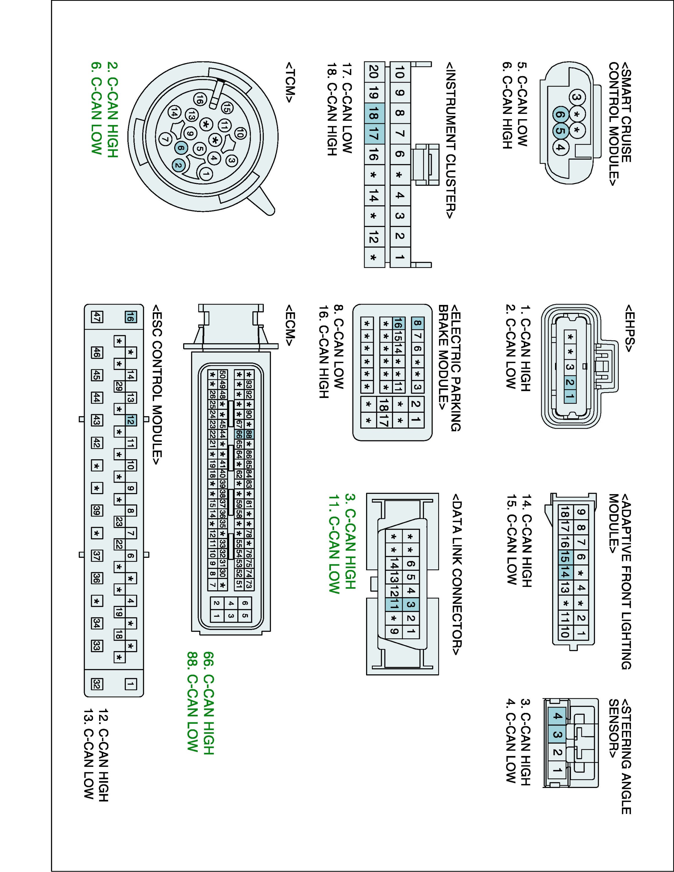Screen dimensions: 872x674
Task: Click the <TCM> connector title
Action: pos(290,82)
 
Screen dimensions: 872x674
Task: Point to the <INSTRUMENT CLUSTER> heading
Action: pos(451,140)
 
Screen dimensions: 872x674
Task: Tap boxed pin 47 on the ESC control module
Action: pos(97,317)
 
